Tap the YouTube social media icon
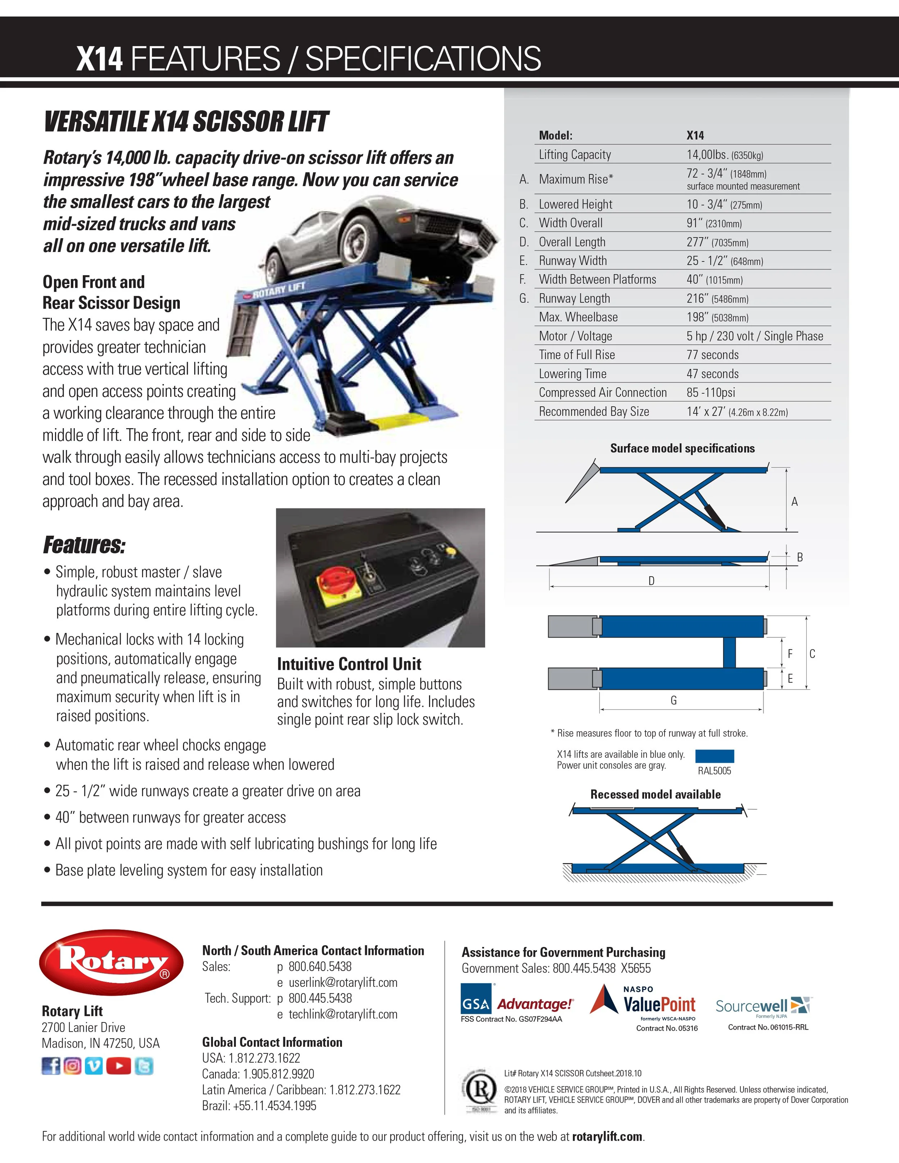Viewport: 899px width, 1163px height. [x=118, y=1066]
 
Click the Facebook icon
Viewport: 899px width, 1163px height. [x=51, y=1066]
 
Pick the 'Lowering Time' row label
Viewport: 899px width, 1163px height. [x=572, y=374]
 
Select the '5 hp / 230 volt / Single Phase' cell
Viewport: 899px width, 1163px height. [x=754, y=336]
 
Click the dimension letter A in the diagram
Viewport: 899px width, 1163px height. [x=794, y=502]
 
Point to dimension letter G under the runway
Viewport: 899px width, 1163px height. [x=674, y=700]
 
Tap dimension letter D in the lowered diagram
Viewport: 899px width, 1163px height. [x=651, y=581]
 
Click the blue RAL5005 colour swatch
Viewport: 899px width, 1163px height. [x=715, y=756]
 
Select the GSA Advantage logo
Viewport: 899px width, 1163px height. [x=517, y=1004]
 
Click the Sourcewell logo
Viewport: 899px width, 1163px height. [x=762, y=1006]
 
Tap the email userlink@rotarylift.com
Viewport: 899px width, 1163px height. [x=343, y=983]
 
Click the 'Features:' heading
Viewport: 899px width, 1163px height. [x=84, y=545]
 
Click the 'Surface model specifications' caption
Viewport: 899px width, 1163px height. [x=682, y=448]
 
